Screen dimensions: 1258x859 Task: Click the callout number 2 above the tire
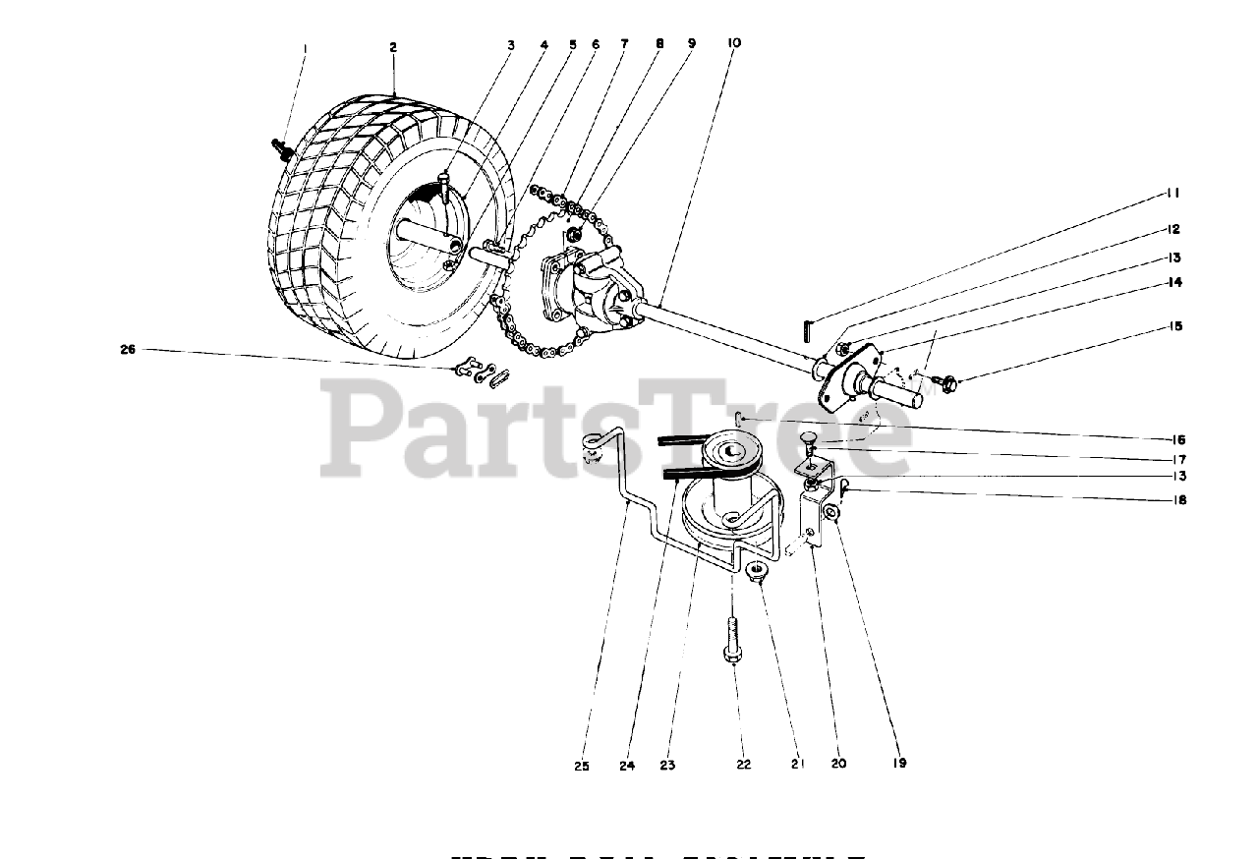pyautogui.click(x=392, y=47)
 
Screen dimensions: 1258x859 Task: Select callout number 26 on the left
pyautogui.click(x=127, y=348)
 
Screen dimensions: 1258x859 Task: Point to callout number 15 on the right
pyautogui.click(x=1174, y=326)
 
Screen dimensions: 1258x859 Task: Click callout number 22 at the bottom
pyautogui.click(x=743, y=764)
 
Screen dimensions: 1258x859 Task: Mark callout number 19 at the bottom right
pyautogui.click(x=900, y=763)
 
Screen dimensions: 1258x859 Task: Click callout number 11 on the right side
pyautogui.click(x=1174, y=194)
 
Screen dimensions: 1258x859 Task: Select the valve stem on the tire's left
pyautogui.click(x=280, y=147)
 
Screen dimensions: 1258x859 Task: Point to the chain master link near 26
pyautogui.click(x=481, y=372)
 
